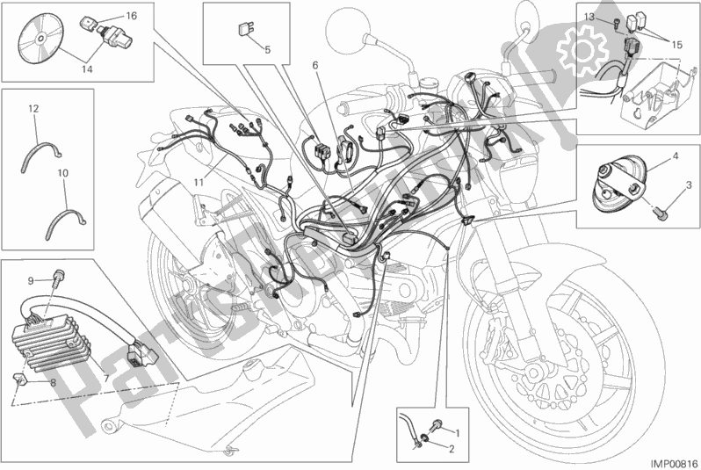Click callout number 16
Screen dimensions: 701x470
coord(131,16)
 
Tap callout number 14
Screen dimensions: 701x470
coord(87,69)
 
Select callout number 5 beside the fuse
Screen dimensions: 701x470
coord(267,49)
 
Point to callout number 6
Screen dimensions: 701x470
coord(315,65)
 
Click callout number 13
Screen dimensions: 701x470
coord(589,17)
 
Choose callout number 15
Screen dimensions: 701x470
coord(677,45)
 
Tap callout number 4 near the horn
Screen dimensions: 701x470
coord(676,156)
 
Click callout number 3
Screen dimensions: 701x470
coord(689,184)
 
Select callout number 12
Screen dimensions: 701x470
coord(33,108)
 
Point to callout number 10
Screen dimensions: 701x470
coord(63,172)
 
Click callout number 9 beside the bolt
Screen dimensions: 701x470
coord(31,281)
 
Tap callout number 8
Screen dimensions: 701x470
coord(53,383)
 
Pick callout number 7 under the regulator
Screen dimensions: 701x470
coord(106,379)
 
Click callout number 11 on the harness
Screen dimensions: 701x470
coord(199,182)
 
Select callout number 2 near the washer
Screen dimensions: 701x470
coord(452,450)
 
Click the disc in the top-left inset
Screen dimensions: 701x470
coord(40,38)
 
